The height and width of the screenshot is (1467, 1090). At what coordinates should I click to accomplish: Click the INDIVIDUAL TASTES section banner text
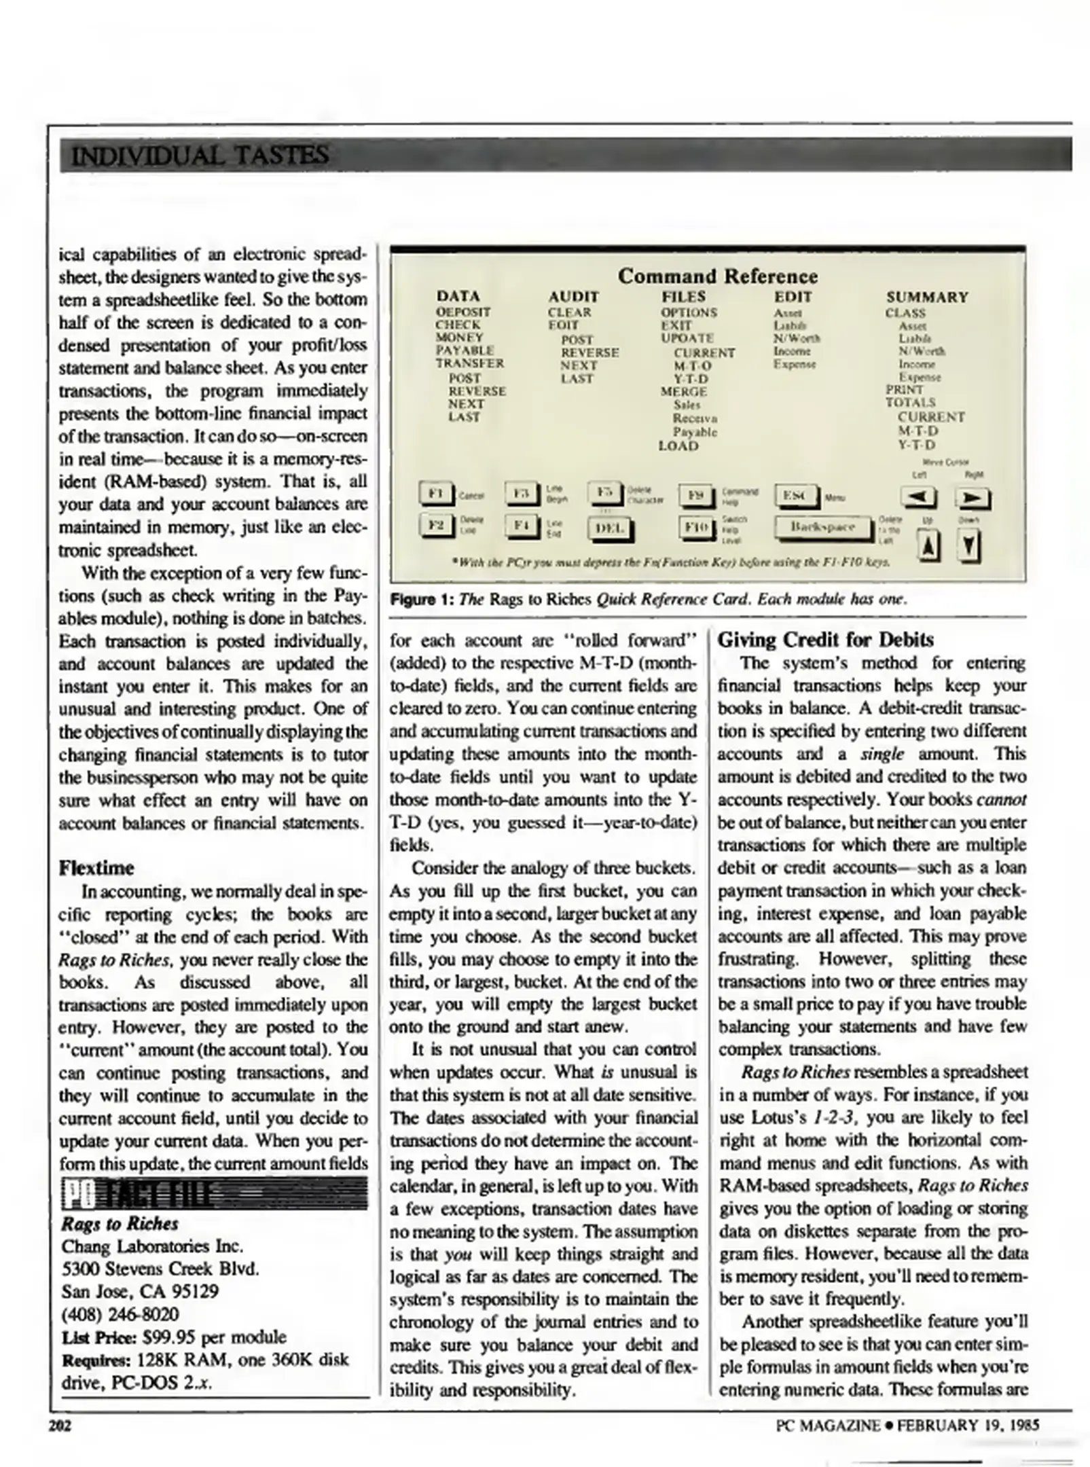[x=200, y=156]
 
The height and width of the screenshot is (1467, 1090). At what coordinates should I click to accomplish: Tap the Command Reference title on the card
[x=717, y=276]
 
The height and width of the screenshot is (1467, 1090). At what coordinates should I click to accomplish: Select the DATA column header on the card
[x=458, y=296]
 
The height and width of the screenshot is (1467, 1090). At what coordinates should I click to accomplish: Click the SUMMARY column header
[x=927, y=297]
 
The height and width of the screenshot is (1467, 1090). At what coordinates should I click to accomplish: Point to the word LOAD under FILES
[x=678, y=446]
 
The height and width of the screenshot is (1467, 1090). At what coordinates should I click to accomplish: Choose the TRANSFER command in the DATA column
[x=470, y=363]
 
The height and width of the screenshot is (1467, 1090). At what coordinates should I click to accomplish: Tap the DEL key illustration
[x=609, y=528]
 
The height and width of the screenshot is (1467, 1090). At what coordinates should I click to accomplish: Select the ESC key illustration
[x=797, y=496]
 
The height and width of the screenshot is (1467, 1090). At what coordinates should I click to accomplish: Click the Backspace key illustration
[x=822, y=527]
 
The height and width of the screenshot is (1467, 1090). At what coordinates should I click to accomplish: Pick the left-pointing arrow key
[x=918, y=498]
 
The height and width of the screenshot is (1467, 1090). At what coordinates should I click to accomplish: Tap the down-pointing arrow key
[x=970, y=546]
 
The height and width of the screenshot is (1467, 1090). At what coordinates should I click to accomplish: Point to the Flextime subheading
[x=96, y=868]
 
